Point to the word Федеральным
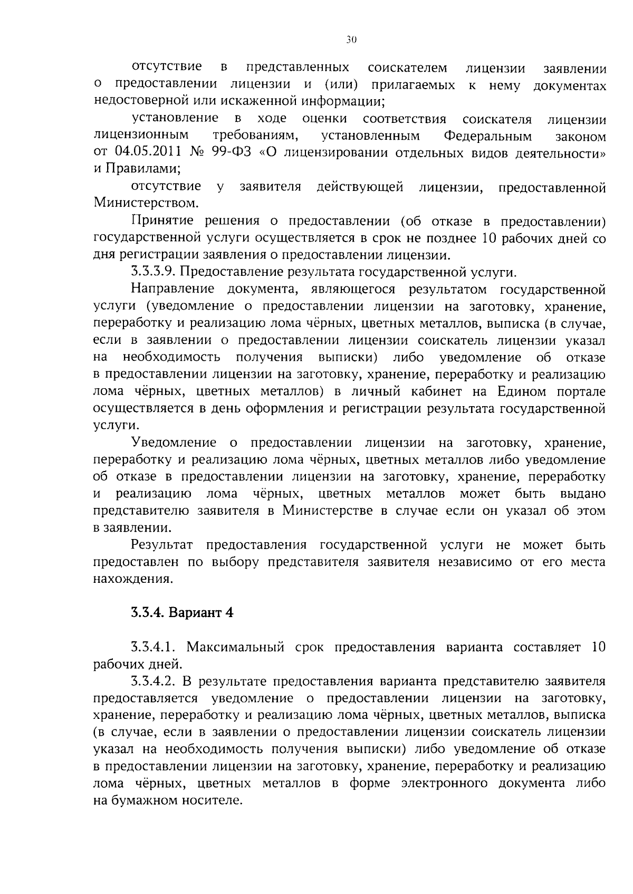(x=487, y=136)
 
